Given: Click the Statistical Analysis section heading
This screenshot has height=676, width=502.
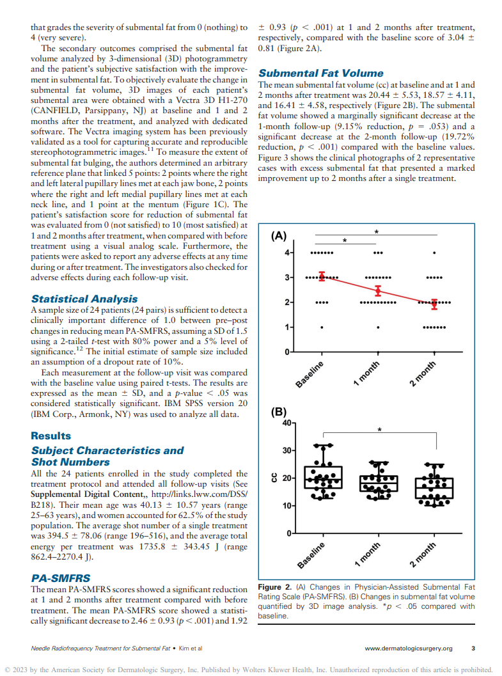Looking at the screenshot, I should tap(84, 299).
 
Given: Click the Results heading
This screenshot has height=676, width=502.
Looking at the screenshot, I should tap(51, 436).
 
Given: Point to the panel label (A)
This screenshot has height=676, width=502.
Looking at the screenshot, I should tap(278, 235).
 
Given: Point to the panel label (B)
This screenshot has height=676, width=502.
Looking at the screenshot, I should tap(278, 413).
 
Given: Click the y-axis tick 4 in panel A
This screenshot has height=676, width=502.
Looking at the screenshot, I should tap(287, 253).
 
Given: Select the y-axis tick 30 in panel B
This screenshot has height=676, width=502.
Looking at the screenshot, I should tap(285, 450).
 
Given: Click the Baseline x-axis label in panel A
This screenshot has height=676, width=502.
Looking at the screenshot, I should tap(310, 374).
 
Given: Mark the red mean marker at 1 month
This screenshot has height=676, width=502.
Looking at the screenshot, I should tap(378, 291).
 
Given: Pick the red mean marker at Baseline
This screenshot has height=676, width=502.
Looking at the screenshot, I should tap(322, 276).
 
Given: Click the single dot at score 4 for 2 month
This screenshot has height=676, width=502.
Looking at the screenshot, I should tap(435, 253).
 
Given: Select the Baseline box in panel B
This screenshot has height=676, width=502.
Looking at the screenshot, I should tap(323, 478).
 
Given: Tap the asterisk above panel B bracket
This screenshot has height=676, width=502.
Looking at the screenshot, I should tap(379, 430).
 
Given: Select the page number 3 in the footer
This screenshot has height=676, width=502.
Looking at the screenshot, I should tap(473, 648).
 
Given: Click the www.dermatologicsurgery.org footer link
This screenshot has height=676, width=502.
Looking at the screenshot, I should tap(408, 648).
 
